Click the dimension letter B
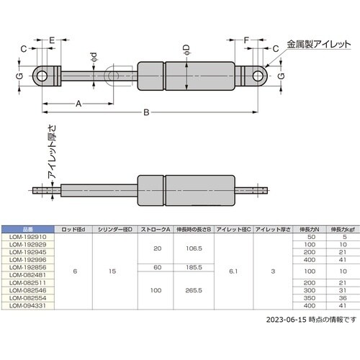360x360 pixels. [146, 112]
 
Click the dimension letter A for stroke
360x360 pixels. [78, 104]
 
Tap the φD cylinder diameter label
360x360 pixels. [186, 50]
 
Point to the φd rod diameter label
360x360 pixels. [94, 58]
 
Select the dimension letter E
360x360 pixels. [52, 40]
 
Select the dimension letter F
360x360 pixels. [246, 40]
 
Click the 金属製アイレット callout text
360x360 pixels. [319, 45]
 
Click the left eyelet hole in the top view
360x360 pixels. [42, 76]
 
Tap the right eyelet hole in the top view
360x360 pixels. [258, 76]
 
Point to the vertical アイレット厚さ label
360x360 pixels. [52, 152]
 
